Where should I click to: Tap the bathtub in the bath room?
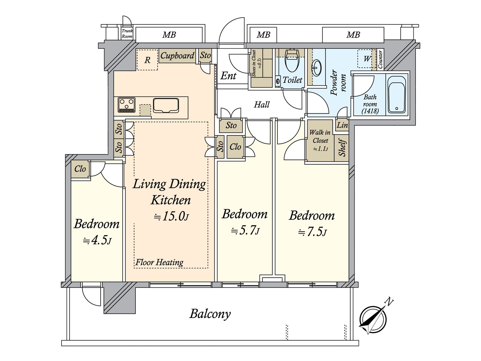pos(397,94)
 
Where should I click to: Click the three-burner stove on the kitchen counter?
pos(126,105)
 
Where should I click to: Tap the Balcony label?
pos(210,314)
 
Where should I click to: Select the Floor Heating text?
pos(159,262)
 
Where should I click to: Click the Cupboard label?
pos(177,56)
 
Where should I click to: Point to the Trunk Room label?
pos(127,33)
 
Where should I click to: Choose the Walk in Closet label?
pos(320,136)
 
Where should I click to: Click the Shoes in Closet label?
pos(254,63)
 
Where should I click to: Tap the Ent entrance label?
pos(228,76)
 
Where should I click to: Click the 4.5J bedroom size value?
pos(97,240)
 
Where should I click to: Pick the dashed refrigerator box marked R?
pos(147,60)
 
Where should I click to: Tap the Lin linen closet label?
pos(342,125)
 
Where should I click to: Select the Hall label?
pos(262,104)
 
